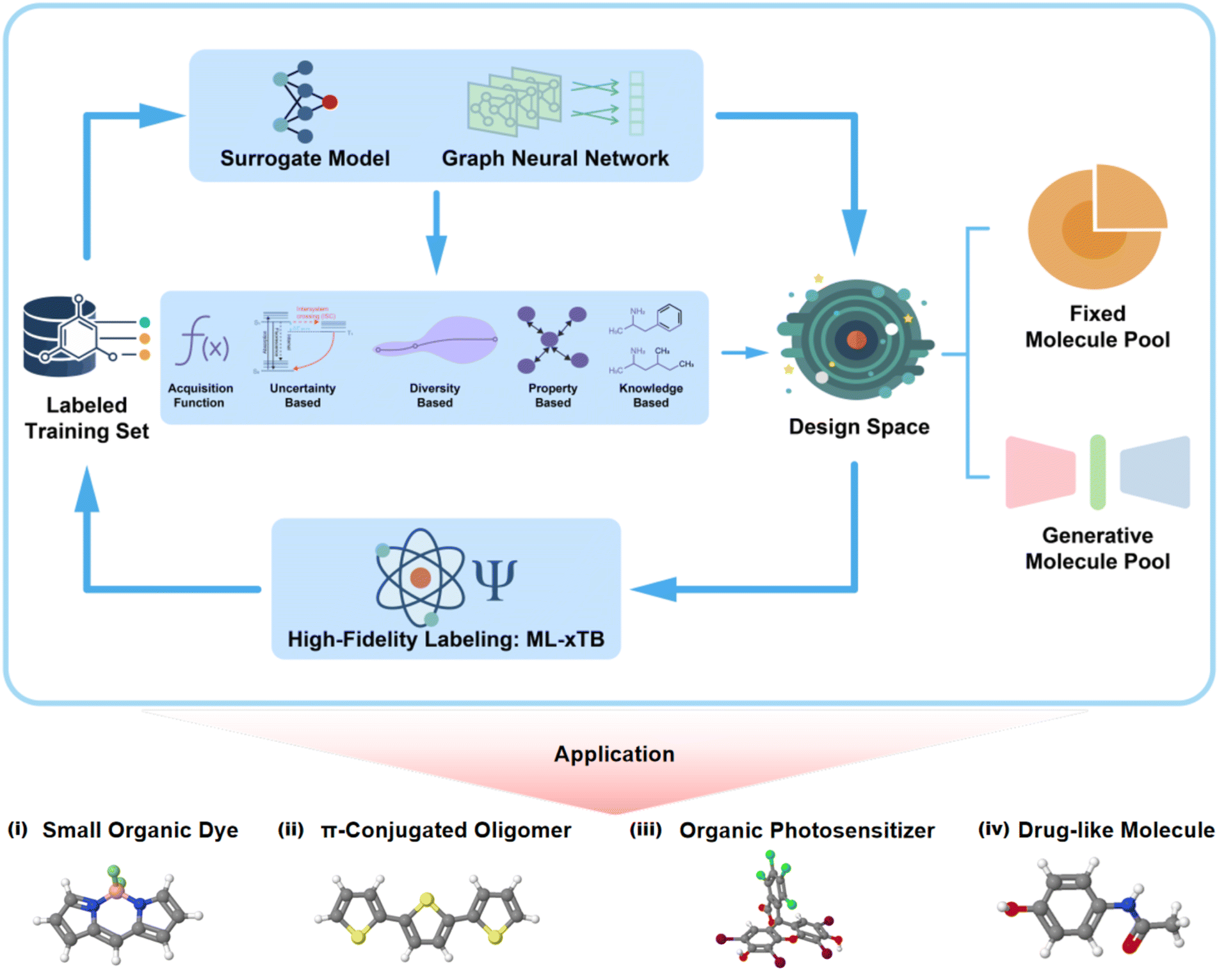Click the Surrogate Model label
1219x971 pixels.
pos(305,159)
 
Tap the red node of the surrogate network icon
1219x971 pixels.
pos(330,102)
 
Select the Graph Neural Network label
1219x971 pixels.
pos(554,159)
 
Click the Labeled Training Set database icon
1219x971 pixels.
pos(61,335)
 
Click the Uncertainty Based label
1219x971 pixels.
pos(302,396)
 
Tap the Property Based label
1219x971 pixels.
pos(553,396)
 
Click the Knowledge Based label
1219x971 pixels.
pos(650,396)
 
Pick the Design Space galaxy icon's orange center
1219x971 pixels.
pos(856,340)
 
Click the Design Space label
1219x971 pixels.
pos(859,427)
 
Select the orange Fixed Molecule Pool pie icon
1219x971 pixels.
pos(1095,227)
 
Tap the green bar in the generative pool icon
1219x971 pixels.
pos(1097,472)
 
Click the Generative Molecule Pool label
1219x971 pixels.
pos(1097,549)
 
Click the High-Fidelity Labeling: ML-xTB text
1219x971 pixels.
pos(446,639)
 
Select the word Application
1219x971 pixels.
pos(614,754)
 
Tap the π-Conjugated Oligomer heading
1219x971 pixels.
pos(446,830)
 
